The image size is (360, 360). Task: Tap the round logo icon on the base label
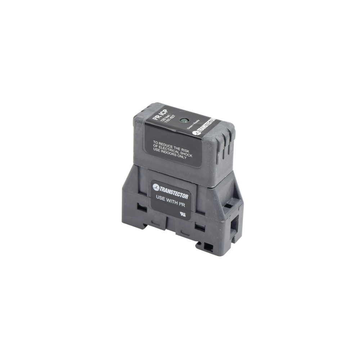(x=156, y=187)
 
